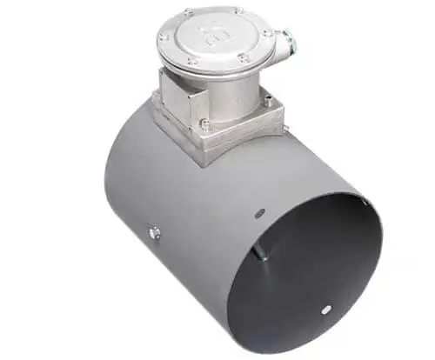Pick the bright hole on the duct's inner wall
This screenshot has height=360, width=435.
(x=325, y=307)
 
